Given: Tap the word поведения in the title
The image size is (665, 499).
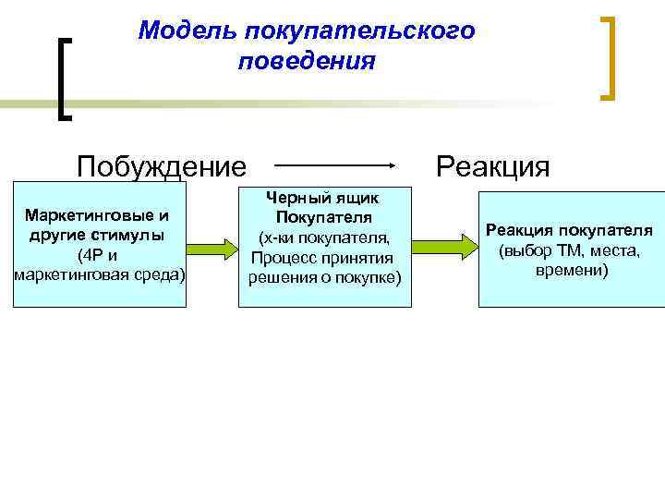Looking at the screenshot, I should (306, 62).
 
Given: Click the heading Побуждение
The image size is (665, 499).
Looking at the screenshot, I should (162, 167).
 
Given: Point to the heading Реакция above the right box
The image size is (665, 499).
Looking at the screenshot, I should (492, 167).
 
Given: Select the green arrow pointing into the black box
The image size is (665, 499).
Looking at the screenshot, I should (212, 247).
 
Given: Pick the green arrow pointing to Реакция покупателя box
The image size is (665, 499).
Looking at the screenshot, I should (442, 247).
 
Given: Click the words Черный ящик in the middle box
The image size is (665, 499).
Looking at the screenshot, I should (322, 198).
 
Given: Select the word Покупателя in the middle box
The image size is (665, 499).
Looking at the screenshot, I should (322, 217).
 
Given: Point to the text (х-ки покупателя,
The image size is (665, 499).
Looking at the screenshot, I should (322, 237).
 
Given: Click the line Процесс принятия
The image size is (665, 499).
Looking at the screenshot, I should (322, 258).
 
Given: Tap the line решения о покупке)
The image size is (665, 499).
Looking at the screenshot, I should (322, 277).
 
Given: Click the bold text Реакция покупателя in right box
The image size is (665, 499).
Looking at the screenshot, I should (570, 230).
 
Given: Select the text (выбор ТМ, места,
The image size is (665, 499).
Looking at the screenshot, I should (570, 250).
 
